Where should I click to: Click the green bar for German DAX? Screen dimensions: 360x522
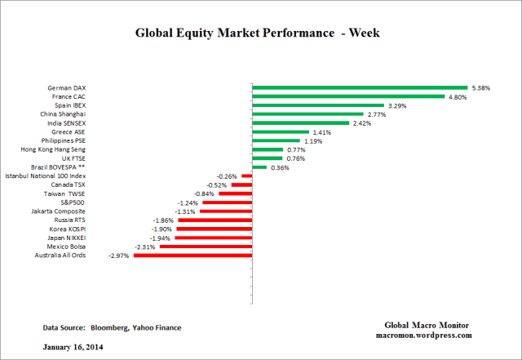click(359, 87)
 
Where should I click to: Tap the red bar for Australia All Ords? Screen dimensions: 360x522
click(192, 256)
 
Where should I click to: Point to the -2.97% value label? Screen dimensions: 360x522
click(119, 256)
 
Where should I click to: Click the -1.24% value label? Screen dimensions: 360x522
click(187, 202)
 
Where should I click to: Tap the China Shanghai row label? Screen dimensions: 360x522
click(63, 114)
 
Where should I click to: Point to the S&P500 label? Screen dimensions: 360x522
click(72, 202)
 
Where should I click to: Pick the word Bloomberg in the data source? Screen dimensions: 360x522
click(113, 327)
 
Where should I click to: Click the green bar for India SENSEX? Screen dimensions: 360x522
click(300, 123)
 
